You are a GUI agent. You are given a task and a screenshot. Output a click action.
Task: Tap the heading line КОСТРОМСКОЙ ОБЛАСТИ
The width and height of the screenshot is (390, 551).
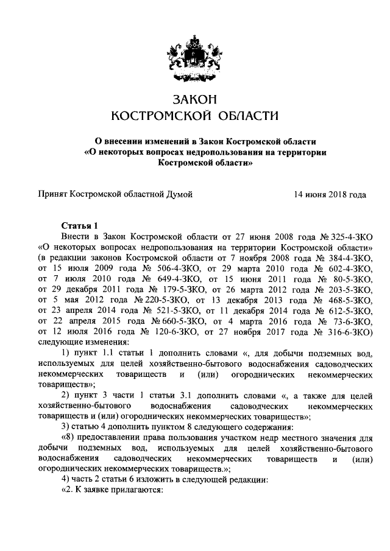pos(194,116)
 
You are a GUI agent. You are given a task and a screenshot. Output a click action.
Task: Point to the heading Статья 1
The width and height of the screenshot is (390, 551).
pos(79,226)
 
